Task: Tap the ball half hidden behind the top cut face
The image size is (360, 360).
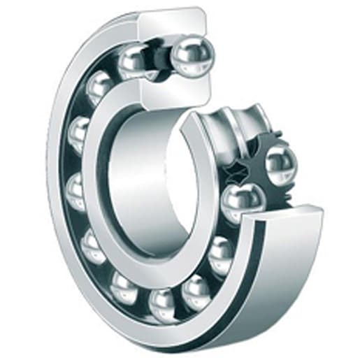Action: pos(133,63)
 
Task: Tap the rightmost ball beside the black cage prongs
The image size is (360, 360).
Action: pos(281,162)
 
